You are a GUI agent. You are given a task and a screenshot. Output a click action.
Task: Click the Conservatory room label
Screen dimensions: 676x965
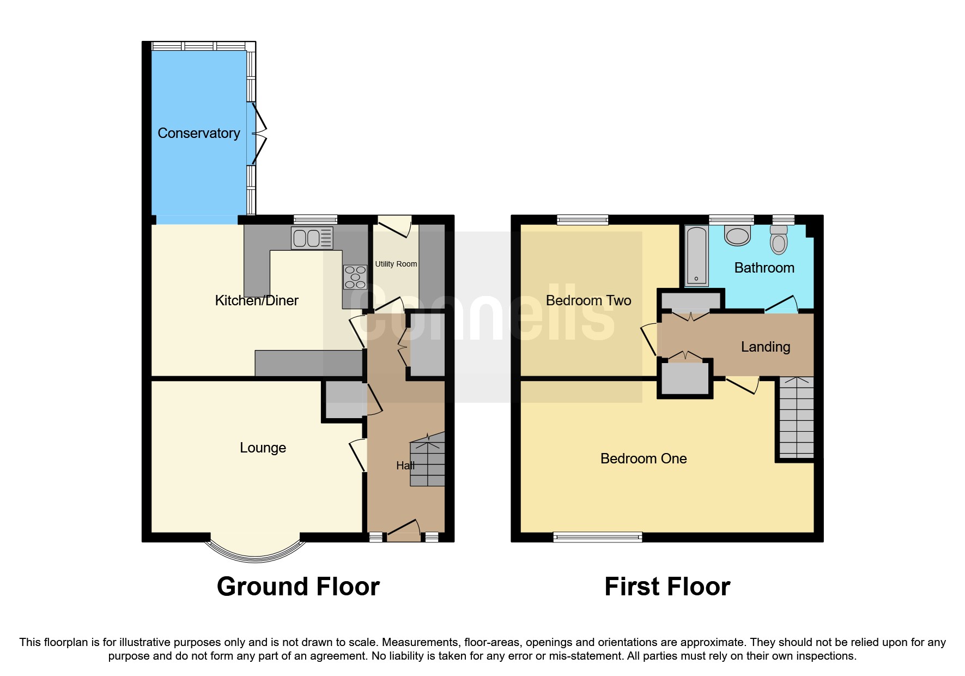click(x=198, y=133)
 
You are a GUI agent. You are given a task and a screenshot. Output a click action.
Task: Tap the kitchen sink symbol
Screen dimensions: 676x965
click(x=312, y=238)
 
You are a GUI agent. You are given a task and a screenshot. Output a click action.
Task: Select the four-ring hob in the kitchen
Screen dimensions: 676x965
click(x=355, y=277)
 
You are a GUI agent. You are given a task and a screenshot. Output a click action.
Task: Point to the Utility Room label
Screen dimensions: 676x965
click(x=396, y=264)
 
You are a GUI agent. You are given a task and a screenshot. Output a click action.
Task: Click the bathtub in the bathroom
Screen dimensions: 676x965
click(x=696, y=256)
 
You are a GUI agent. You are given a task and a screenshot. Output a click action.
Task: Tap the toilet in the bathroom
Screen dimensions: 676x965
click(x=779, y=240)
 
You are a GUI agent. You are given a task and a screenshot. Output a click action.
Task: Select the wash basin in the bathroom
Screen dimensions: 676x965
click(x=737, y=236)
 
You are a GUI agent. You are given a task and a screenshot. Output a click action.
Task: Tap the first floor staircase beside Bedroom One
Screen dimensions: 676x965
click(x=796, y=417)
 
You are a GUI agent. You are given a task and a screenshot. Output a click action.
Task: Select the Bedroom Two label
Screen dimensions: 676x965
click(x=588, y=300)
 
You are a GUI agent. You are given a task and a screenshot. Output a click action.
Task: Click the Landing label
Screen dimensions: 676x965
click(x=765, y=347)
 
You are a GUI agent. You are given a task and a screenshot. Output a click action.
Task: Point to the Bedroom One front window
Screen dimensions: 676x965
click(x=597, y=537)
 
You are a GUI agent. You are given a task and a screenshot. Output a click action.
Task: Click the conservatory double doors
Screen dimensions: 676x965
click(x=259, y=134)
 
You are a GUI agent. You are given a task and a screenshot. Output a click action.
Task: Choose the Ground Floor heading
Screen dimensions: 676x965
click(x=298, y=587)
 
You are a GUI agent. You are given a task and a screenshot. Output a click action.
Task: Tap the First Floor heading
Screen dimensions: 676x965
click(x=667, y=587)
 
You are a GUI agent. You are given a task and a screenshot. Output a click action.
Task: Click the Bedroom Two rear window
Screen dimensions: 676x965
click(x=582, y=220)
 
